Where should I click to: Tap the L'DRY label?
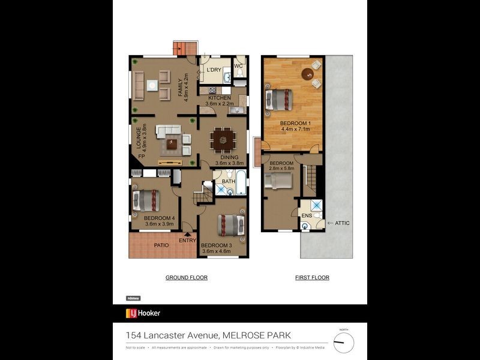[214, 70]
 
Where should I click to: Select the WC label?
[238, 65]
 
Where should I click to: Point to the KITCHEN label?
[219, 98]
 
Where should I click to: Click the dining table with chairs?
[223, 140]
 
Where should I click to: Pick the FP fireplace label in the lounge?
[142, 157]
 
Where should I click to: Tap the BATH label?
[228, 181]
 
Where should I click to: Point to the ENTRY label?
[187, 241]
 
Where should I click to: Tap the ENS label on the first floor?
[307, 214]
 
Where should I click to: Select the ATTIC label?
[341, 223]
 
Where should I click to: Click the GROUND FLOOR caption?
[187, 278]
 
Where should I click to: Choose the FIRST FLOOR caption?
[312, 278]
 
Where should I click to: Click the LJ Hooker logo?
[143, 313]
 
